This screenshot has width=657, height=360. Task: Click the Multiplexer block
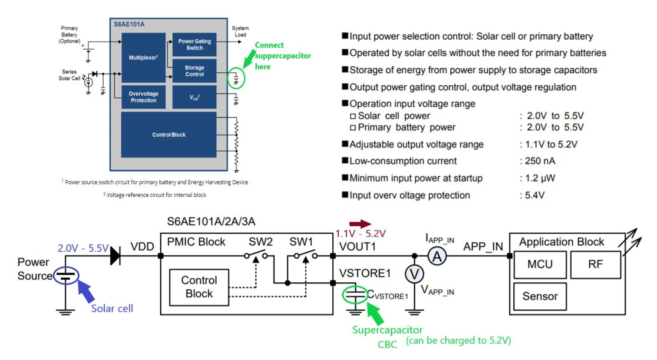tap(143, 57)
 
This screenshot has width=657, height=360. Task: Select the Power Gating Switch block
tap(194, 45)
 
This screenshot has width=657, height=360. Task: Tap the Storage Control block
tap(194, 71)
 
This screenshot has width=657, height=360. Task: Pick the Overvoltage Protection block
tap(143, 97)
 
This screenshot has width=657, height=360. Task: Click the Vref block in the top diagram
tap(194, 97)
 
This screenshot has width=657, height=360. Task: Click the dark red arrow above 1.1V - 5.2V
tap(360, 224)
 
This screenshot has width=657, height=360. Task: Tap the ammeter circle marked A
tap(437, 256)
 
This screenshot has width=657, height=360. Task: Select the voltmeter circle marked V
tap(414, 274)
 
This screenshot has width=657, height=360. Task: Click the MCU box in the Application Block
tap(540, 265)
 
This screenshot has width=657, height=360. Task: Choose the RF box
tap(596, 265)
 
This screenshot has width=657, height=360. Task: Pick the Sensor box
tap(540, 296)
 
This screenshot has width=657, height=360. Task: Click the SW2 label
tap(261, 242)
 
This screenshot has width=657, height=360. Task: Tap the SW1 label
tap(301, 242)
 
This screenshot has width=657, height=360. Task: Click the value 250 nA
tap(540, 161)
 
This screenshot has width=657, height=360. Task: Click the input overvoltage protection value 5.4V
tap(535, 195)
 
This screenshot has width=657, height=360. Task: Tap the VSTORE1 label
tap(365, 273)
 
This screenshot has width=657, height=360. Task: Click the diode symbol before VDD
tap(115, 256)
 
